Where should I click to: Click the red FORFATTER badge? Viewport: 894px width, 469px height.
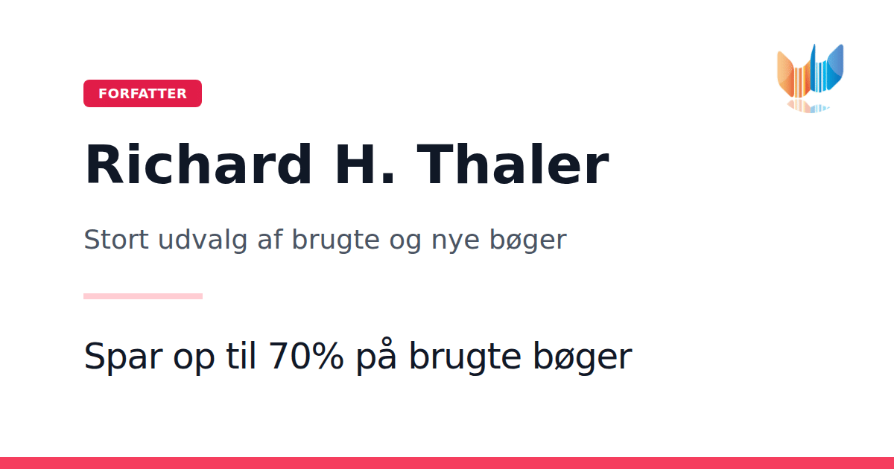(x=142, y=93)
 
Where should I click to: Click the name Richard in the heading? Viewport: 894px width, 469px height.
(x=197, y=165)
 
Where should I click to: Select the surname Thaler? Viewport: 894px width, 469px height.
(x=513, y=165)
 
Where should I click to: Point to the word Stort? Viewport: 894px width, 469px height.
(x=116, y=240)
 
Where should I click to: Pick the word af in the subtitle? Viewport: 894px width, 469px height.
(x=270, y=239)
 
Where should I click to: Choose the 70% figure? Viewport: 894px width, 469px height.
(x=306, y=356)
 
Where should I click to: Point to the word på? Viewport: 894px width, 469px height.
(x=376, y=356)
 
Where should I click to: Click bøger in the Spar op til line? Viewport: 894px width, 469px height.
(x=583, y=357)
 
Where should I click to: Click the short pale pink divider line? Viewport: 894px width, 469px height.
(x=143, y=296)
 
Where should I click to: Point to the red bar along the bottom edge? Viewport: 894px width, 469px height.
(x=447, y=463)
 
